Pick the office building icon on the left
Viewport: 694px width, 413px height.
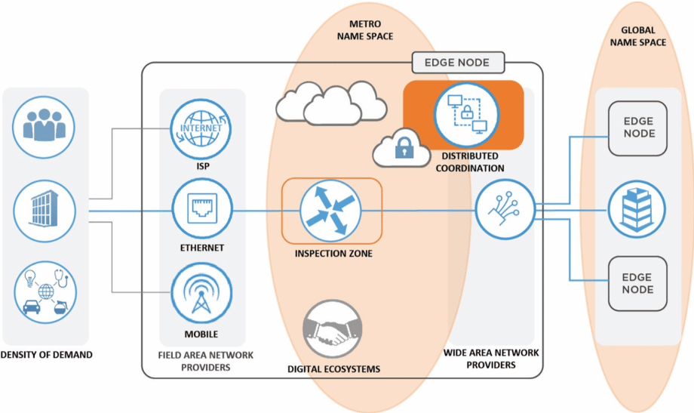tap(45, 209)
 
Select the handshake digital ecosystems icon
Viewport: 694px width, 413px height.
tap(333, 330)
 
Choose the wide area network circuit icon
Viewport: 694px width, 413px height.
tap(505, 209)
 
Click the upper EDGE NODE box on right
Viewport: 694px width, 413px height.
tap(637, 128)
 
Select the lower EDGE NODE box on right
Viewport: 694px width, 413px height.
tap(637, 284)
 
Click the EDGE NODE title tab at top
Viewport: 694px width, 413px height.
tap(457, 63)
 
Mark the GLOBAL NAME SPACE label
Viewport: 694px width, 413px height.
tap(643, 36)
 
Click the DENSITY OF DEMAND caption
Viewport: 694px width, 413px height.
tap(46, 354)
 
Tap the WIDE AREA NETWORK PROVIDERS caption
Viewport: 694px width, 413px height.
tap(490, 359)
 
